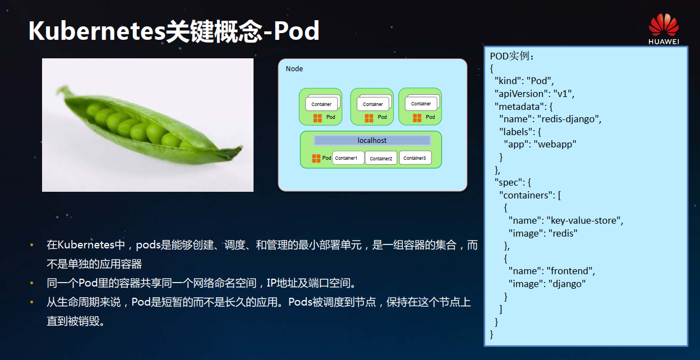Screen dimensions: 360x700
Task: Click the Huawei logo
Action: point(664,29)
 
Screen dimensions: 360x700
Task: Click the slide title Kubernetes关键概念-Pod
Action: point(174,31)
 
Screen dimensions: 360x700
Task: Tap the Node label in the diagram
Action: point(294,69)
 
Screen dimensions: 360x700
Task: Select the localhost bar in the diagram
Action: point(372,140)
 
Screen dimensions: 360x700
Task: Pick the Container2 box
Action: point(381,159)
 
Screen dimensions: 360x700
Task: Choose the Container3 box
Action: point(415,158)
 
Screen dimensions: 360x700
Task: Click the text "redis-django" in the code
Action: point(569,119)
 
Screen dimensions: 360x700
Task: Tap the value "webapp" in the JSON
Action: point(555,144)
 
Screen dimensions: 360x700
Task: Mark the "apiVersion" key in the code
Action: point(519,94)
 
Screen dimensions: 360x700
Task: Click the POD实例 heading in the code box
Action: point(513,56)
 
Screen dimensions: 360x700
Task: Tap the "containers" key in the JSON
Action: point(525,195)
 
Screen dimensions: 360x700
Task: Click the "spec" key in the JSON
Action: point(507,182)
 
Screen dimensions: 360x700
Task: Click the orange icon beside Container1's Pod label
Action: point(316,159)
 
